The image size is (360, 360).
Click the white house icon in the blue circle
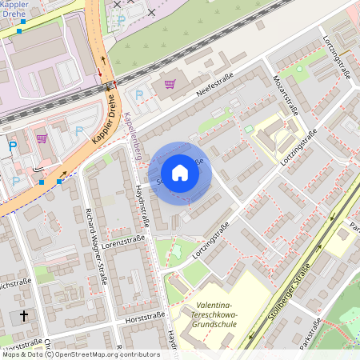(180, 173)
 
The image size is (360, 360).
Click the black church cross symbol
(23, 316)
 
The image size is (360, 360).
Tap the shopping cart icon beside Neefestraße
(170, 83)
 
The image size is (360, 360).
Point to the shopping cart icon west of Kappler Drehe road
(42, 138)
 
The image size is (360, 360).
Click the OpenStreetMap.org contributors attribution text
(107, 354)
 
